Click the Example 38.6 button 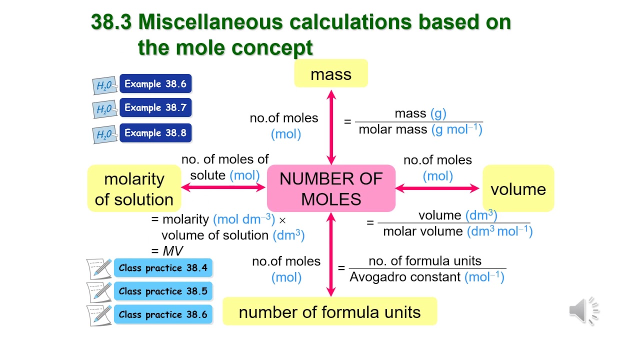tap(155, 84)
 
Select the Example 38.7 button tap(155, 107)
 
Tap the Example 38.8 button tap(155, 133)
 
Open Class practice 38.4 tap(163, 268)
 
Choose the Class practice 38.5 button tap(163, 291)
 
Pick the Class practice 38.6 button tap(163, 315)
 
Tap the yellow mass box tap(331, 74)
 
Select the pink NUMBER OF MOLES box tap(331, 189)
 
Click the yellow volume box tap(518, 189)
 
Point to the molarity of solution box tap(134, 189)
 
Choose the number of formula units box tap(329, 312)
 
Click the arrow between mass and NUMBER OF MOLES tap(330, 127)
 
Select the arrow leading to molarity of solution tap(223, 187)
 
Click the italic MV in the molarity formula tap(173, 251)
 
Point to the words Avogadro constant tap(405, 277)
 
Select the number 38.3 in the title tap(110, 22)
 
